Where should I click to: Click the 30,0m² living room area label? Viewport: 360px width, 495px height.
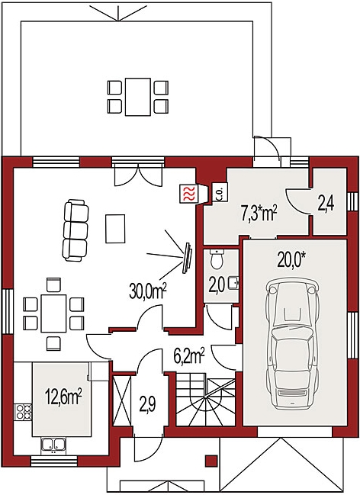point(147,291)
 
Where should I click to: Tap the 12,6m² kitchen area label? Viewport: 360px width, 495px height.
point(63,397)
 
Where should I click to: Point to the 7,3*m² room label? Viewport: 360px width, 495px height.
point(259,213)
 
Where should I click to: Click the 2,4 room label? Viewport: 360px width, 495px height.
point(326,204)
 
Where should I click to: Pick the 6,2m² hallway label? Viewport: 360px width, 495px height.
point(189,356)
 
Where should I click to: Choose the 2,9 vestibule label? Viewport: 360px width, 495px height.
point(147,405)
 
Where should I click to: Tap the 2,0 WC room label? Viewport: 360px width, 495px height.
point(217,284)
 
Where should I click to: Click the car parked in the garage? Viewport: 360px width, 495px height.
point(292,344)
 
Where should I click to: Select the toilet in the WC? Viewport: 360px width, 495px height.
point(217,259)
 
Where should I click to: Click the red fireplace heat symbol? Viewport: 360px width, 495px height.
point(188,193)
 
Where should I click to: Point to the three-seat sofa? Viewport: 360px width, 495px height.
point(76,230)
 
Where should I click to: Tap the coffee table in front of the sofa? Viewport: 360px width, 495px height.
point(115,229)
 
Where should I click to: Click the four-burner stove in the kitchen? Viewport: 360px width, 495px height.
point(24,412)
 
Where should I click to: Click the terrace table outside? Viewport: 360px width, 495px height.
point(138,97)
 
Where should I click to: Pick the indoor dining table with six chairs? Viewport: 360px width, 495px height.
point(53,313)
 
